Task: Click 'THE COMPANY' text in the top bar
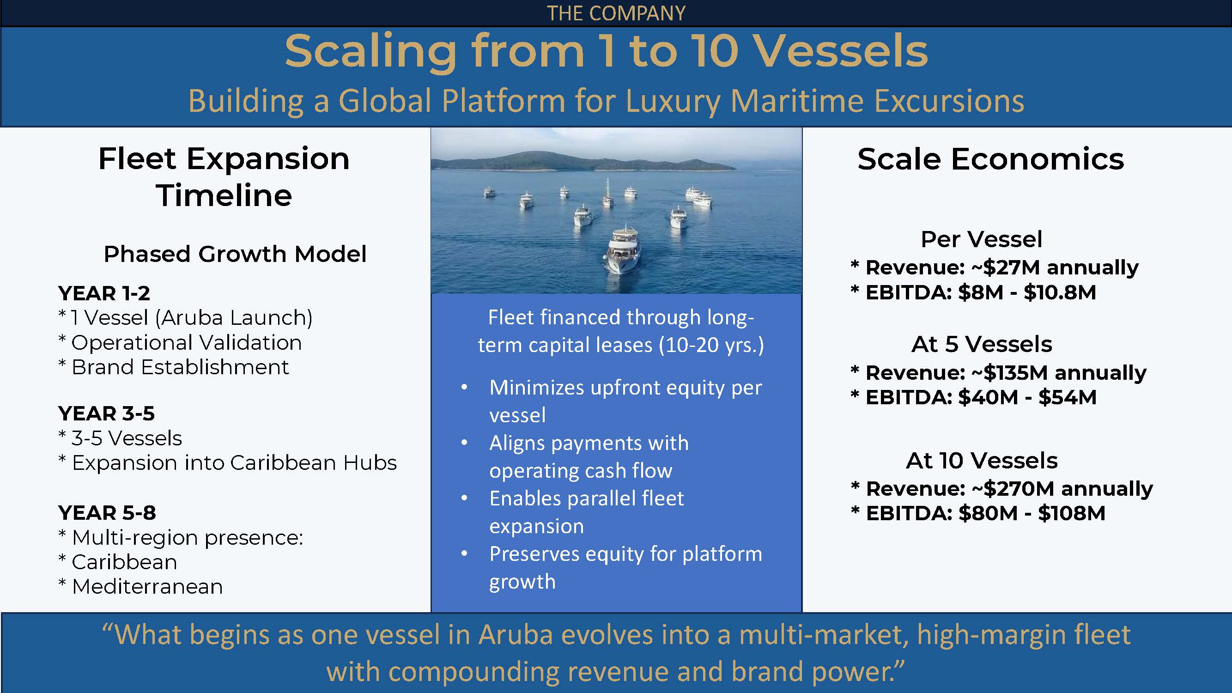click(x=616, y=13)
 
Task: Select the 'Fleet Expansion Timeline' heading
click(x=224, y=177)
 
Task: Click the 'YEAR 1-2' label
click(x=104, y=293)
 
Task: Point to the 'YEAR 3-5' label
click(x=106, y=413)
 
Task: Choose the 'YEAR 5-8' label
click(x=107, y=513)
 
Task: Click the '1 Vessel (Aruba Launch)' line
click(x=191, y=318)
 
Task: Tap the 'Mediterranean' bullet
click(x=147, y=587)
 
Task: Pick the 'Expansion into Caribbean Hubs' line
click(x=234, y=463)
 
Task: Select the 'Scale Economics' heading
click(x=990, y=159)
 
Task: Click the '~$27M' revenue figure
click(x=1005, y=267)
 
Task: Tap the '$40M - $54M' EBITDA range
click(x=1027, y=397)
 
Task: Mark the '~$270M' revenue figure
click(x=1013, y=489)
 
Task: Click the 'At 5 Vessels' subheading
click(x=982, y=344)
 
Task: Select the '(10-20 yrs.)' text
click(x=711, y=345)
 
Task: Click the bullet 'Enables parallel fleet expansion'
click(x=586, y=512)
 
